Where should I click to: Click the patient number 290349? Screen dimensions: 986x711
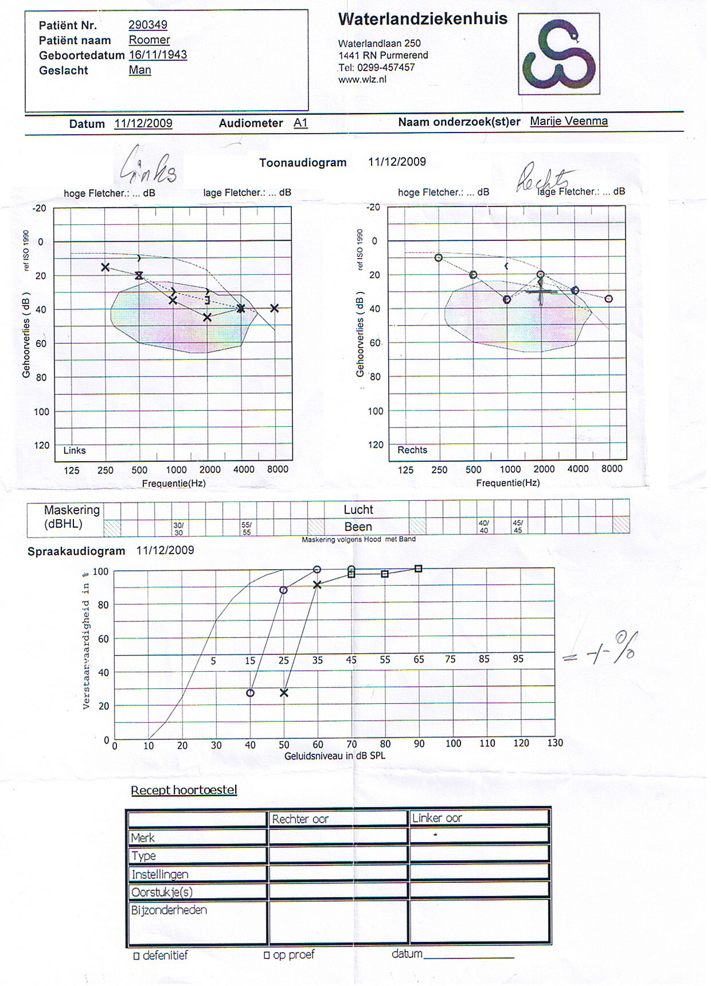click(x=148, y=25)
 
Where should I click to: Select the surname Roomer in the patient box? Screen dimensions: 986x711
click(x=149, y=40)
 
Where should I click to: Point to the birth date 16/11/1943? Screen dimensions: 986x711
click(x=158, y=54)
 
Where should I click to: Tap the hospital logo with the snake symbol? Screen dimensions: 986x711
click(x=558, y=54)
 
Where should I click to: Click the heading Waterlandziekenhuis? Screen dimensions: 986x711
click(x=423, y=19)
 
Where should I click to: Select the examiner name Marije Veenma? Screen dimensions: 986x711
click(x=569, y=121)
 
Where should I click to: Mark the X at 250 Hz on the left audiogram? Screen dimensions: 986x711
click(x=106, y=267)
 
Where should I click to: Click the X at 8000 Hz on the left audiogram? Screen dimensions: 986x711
click(x=275, y=309)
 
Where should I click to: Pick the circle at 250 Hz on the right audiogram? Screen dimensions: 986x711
click(x=439, y=258)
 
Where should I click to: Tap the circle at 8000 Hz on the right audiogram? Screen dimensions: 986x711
click(x=609, y=299)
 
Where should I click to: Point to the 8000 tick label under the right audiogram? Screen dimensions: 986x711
click(x=612, y=469)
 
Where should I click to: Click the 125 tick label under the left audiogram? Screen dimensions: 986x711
click(x=72, y=470)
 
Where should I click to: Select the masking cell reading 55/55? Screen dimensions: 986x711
click(x=247, y=528)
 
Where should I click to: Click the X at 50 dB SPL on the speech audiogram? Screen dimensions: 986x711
click(x=284, y=693)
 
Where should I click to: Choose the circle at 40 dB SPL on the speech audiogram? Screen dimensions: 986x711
click(x=250, y=693)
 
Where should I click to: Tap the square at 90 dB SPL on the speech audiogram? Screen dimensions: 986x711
click(x=419, y=569)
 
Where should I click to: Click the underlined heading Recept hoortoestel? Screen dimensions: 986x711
click(x=183, y=790)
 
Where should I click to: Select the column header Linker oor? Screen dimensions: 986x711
click(x=437, y=818)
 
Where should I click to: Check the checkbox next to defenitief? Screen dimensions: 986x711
click(x=136, y=956)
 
